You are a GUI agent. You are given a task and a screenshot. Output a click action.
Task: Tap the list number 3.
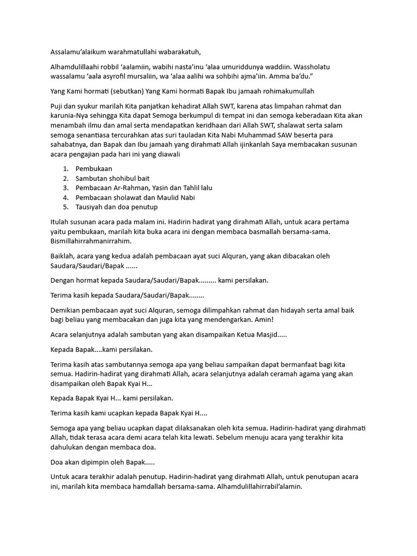(x=65, y=187)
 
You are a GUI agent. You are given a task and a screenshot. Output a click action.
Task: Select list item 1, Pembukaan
(x=94, y=169)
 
